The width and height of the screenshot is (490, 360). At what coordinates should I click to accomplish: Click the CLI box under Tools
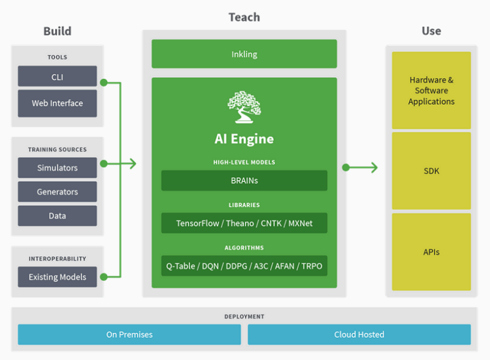[x=57, y=76]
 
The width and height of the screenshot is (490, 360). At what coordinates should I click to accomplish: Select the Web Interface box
[x=57, y=103]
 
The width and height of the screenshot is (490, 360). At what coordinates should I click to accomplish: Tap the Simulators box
[x=57, y=168]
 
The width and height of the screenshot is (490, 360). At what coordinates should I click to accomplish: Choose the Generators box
[x=57, y=192]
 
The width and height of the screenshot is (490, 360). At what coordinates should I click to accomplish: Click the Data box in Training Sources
[x=57, y=216]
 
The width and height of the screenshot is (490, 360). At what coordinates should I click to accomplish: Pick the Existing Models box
[x=57, y=277]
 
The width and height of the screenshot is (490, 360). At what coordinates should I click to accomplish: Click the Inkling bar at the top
[x=244, y=54]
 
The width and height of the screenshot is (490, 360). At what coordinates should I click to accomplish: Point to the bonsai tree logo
[x=244, y=107]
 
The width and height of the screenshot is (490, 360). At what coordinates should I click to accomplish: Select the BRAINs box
[x=244, y=181]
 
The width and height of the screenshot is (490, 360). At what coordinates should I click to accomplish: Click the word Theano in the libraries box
[x=240, y=223]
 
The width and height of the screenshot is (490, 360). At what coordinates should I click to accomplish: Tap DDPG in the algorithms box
[x=236, y=266]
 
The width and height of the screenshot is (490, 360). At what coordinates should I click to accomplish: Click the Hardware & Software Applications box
[x=431, y=91]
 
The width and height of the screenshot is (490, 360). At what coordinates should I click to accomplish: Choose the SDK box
[x=431, y=171]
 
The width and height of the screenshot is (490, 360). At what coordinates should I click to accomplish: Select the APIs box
[x=431, y=252]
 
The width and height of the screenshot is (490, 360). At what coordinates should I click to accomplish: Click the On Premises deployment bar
[x=129, y=334]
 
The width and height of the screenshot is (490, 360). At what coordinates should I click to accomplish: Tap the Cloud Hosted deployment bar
[x=360, y=334]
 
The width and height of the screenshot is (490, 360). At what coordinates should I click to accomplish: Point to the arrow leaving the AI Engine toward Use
[x=360, y=168]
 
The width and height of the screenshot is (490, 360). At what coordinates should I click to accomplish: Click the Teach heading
[x=244, y=17]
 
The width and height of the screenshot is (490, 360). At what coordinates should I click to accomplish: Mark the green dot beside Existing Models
[x=104, y=277]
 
